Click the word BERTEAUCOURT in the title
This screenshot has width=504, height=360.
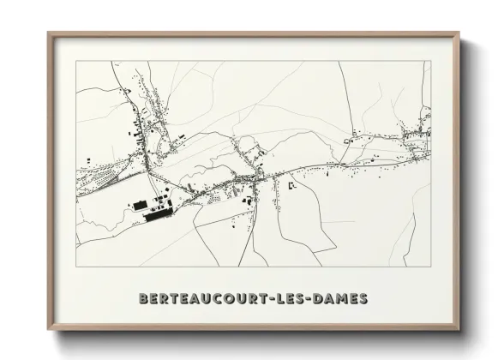point(202,299)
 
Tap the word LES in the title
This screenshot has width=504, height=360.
point(293,299)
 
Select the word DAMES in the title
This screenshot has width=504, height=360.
point(341,299)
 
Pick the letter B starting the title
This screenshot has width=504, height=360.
point(143,299)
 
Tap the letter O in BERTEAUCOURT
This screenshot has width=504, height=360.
point(224,299)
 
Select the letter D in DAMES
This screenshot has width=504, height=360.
point(322,299)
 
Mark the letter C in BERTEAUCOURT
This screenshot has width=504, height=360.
point(213,299)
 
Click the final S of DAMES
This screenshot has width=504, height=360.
point(364,299)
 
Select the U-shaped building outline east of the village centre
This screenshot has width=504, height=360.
point(292,184)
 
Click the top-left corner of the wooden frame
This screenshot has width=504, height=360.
point(49,33)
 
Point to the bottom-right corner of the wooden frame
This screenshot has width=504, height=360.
point(459,330)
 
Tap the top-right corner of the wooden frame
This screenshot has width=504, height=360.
point(459,33)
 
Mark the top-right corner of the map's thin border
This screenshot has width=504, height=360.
point(431,62)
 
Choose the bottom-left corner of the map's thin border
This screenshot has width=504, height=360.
point(76,267)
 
